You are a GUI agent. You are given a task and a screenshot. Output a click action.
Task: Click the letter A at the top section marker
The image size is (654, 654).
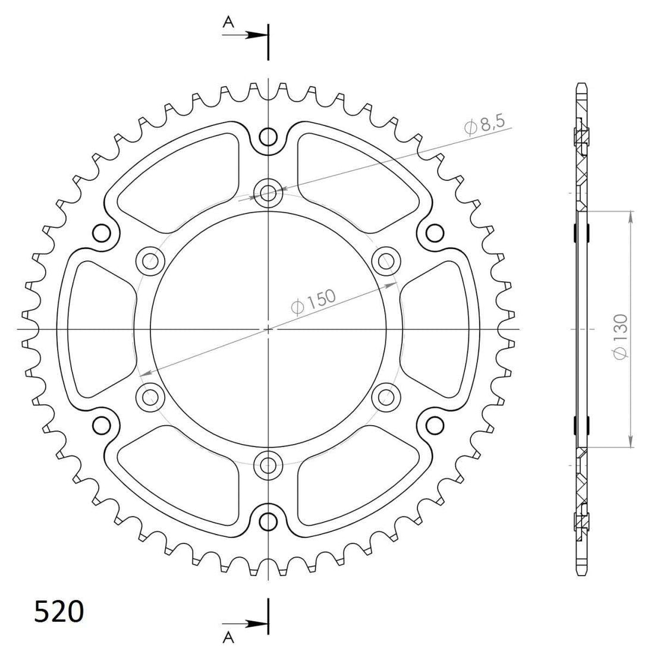pyautogui.click(x=228, y=23)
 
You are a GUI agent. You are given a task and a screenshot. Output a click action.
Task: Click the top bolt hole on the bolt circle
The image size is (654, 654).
pyautogui.click(x=268, y=192)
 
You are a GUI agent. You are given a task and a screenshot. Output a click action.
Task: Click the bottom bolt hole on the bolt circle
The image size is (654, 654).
pyautogui.click(x=268, y=463)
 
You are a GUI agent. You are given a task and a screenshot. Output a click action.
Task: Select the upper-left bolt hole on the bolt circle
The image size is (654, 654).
pyautogui.click(x=150, y=260)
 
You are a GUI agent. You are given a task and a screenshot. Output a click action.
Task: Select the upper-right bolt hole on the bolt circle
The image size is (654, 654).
pyautogui.click(x=386, y=260)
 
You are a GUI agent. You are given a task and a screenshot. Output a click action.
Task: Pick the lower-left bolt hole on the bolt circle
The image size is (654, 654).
pyautogui.click(x=150, y=395)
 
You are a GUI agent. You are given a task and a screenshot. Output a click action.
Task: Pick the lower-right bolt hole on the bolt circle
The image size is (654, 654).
pyautogui.click(x=386, y=395)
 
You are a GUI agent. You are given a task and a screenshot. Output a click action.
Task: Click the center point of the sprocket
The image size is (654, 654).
pyautogui.click(x=268, y=328)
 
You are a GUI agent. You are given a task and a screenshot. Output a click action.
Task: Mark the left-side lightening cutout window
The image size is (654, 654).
pyautogui.click(x=98, y=328)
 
